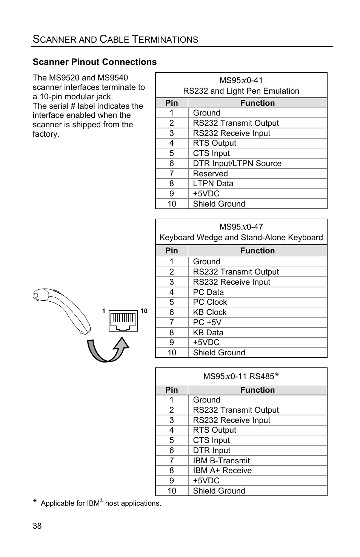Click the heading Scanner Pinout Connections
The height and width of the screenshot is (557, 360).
(94, 62)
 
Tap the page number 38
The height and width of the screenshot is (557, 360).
(37, 526)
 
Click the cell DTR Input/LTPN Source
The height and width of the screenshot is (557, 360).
(237, 164)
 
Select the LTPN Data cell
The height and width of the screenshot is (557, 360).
(213, 184)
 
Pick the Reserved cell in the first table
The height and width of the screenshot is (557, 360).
(210, 174)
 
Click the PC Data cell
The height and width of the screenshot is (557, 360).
(208, 292)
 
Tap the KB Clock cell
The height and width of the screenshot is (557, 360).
(209, 312)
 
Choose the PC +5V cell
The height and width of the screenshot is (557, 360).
(207, 322)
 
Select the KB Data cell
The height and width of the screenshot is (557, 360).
(208, 333)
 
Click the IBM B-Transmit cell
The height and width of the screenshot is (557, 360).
(221, 461)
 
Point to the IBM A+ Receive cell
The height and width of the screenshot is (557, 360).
(222, 471)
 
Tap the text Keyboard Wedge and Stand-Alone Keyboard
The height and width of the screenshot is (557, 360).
(241, 238)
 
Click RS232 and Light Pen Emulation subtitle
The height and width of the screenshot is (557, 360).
(241, 91)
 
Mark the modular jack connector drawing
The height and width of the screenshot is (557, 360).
(123, 321)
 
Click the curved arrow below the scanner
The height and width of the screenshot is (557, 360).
(108, 349)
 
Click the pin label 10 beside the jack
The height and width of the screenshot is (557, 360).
(144, 311)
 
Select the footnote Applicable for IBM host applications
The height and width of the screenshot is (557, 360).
(100, 503)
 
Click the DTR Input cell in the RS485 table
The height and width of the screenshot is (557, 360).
(211, 451)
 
